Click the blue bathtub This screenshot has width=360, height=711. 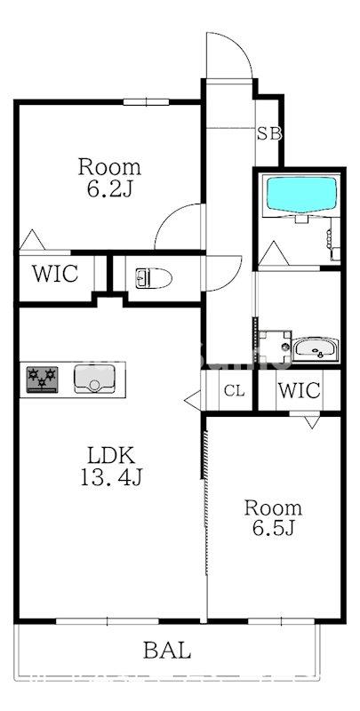click(302, 195)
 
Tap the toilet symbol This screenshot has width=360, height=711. click(154, 277)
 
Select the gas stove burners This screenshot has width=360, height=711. click(42, 379)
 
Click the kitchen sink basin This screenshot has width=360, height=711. click(94, 379)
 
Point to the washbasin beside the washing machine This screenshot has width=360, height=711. click(316, 349)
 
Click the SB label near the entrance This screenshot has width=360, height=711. click(269, 133)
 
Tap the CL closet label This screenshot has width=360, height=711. click(235, 390)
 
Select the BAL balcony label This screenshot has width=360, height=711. click(167, 651)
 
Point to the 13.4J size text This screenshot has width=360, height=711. click(111, 476)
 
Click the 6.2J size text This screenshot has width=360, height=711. click(109, 189)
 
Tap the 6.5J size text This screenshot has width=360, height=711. click(274, 528)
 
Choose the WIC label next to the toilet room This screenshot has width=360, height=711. click(55, 274)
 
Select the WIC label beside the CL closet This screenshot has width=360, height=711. click(300, 390)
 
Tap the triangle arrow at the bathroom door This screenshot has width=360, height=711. click(273, 254)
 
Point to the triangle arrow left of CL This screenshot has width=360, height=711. click(193, 399)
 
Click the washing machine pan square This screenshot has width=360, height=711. click(275, 347)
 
